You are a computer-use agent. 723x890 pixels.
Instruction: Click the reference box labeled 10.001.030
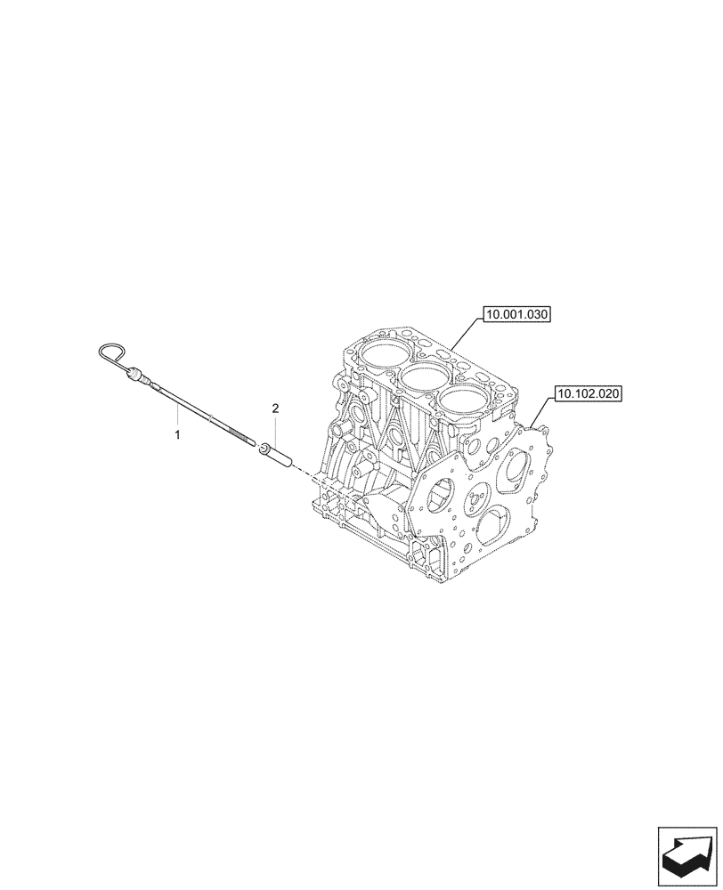click(x=517, y=314)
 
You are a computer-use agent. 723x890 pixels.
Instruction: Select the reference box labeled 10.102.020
click(x=589, y=392)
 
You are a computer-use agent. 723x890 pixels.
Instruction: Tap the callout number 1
click(x=177, y=434)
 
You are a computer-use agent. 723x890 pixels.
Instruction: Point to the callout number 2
click(x=275, y=409)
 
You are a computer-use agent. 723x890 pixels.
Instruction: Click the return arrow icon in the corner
click(x=686, y=854)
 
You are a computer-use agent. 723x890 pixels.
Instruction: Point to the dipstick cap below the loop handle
click(x=136, y=375)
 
